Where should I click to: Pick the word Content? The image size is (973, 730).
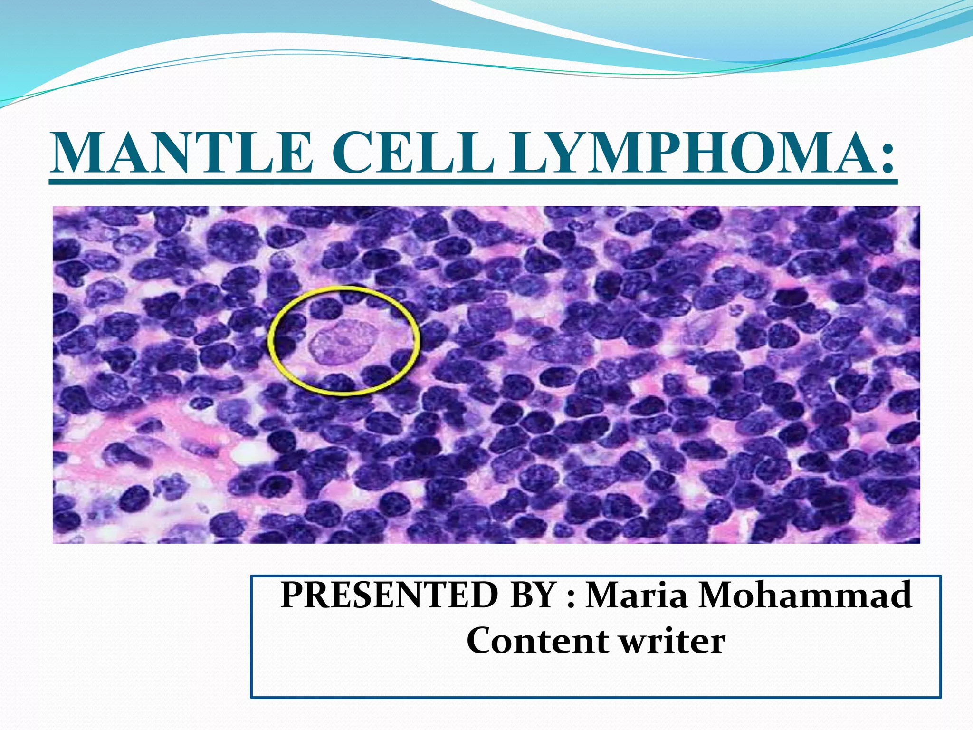pos(537,641)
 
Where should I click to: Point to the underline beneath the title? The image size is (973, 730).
pos(473,181)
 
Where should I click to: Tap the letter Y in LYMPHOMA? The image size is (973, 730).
pos(556,153)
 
